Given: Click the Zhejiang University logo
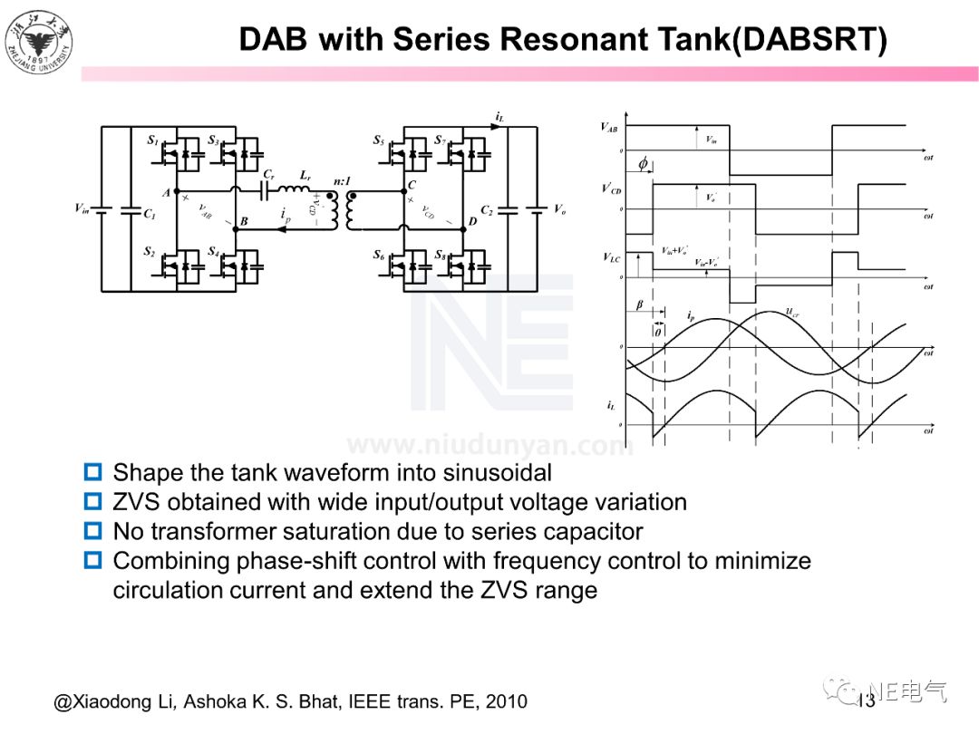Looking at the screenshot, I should point(38,41).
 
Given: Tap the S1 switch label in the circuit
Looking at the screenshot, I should point(152,140).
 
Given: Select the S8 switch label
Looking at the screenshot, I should point(440,256).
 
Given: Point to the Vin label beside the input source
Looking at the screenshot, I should point(82,208).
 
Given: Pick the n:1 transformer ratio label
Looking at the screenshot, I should point(344,181).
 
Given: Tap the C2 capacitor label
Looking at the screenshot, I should point(487,210).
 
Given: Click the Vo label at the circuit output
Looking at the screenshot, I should point(560,209).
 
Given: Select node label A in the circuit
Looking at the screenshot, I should point(166,192).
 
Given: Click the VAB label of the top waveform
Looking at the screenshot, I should point(610,128).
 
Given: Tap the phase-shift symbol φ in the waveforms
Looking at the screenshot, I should point(643,164).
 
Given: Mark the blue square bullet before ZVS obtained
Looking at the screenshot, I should point(92,501).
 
